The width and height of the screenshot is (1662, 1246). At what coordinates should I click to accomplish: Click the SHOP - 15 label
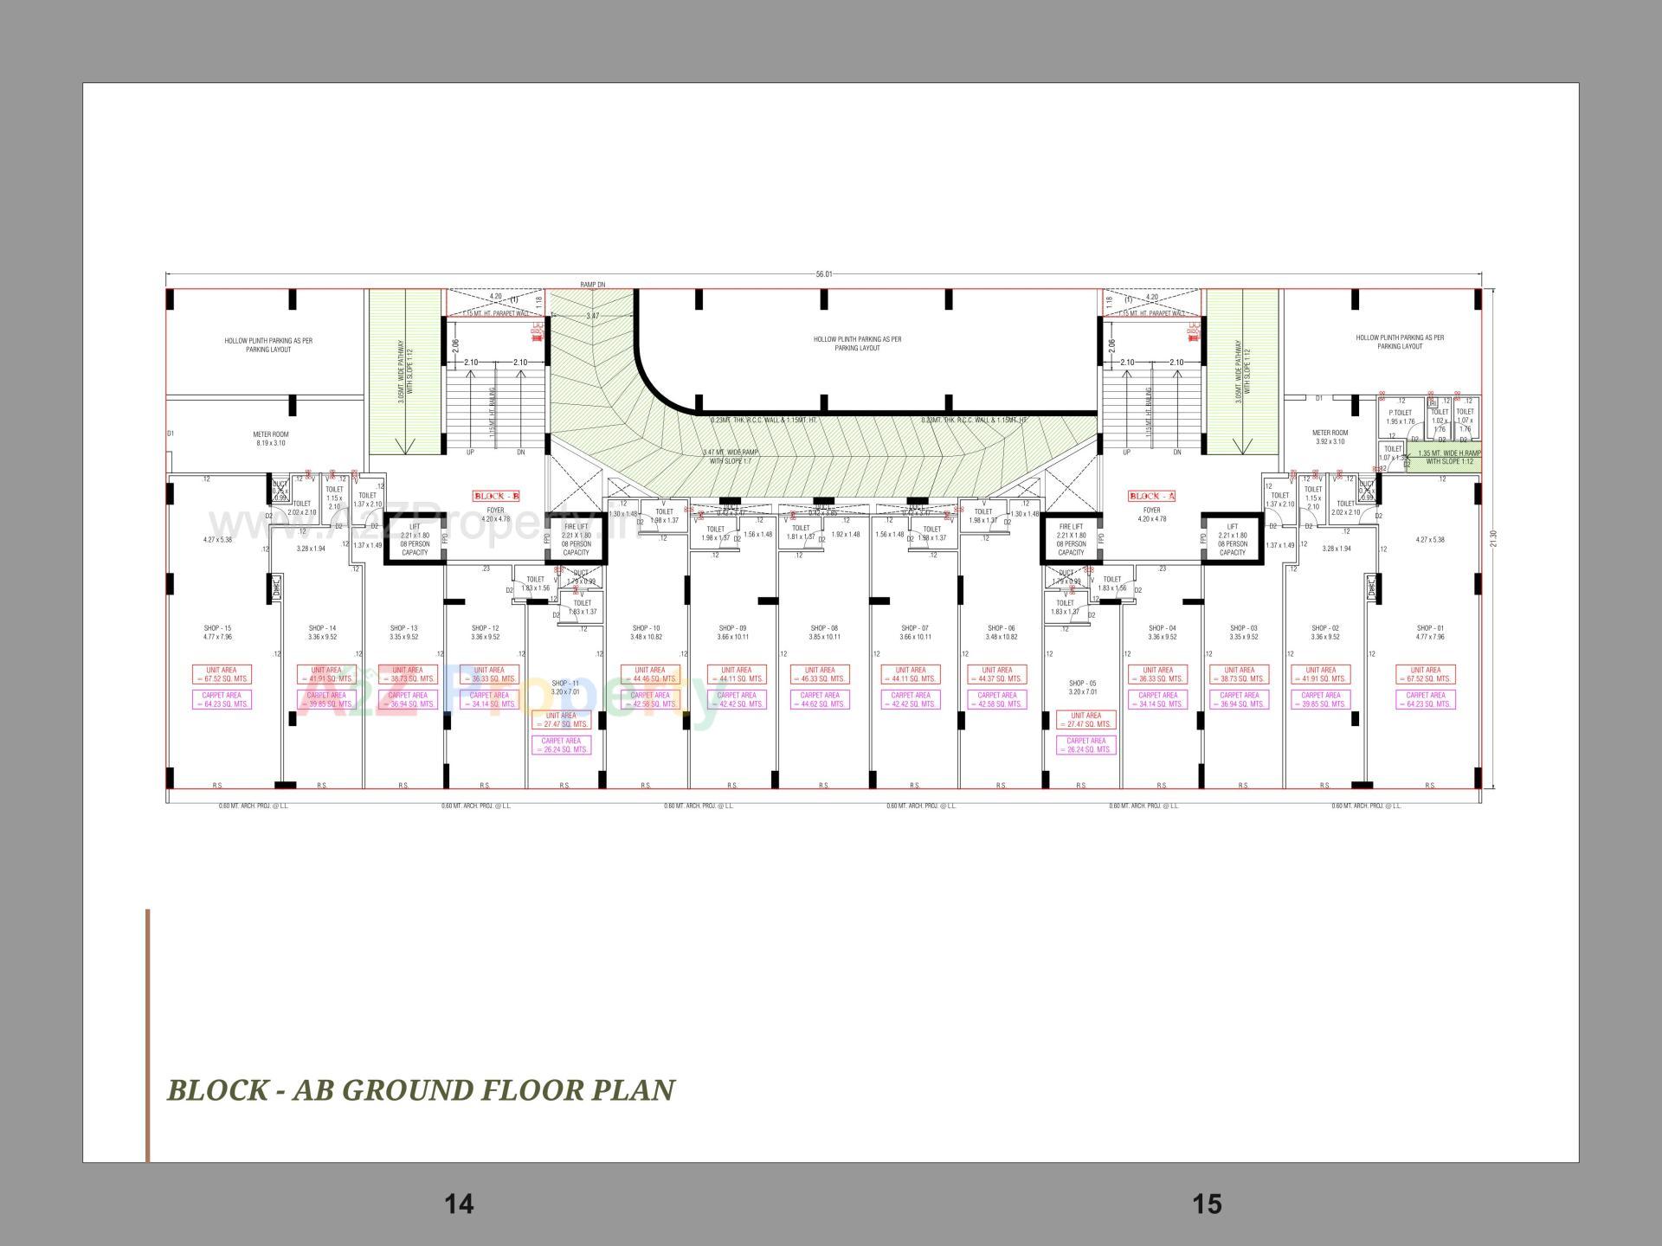(x=217, y=628)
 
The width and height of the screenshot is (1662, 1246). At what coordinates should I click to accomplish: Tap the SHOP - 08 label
(x=824, y=628)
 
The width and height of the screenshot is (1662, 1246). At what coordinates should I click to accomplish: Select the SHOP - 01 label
(x=1430, y=628)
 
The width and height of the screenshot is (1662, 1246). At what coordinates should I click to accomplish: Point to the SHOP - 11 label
(x=564, y=684)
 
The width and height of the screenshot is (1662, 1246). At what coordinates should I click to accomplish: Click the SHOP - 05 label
(x=1082, y=684)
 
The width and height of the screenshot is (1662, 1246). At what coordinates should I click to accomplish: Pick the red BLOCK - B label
(x=496, y=496)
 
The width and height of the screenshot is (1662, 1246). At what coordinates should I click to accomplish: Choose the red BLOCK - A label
(x=1151, y=496)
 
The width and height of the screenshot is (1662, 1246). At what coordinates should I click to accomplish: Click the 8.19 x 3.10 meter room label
(x=271, y=439)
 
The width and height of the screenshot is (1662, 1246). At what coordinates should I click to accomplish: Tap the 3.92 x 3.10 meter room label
(x=1330, y=437)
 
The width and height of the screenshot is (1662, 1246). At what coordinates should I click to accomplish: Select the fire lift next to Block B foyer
(x=576, y=539)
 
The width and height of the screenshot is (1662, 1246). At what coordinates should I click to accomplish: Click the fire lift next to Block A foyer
(x=1071, y=539)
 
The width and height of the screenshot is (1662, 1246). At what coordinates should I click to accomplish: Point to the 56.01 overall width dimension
(x=823, y=274)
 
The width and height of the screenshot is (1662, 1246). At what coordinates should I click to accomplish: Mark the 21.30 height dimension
(x=1492, y=538)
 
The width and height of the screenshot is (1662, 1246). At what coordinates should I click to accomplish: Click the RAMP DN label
(x=593, y=285)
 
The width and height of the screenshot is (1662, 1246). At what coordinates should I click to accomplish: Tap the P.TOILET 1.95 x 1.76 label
(x=1400, y=417)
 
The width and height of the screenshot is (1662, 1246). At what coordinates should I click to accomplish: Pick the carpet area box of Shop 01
(x=1426, y=699)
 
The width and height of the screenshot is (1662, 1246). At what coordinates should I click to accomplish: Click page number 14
(x=459, y=1204)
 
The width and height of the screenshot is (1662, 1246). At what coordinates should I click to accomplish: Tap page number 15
(x=1207, y=1204)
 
